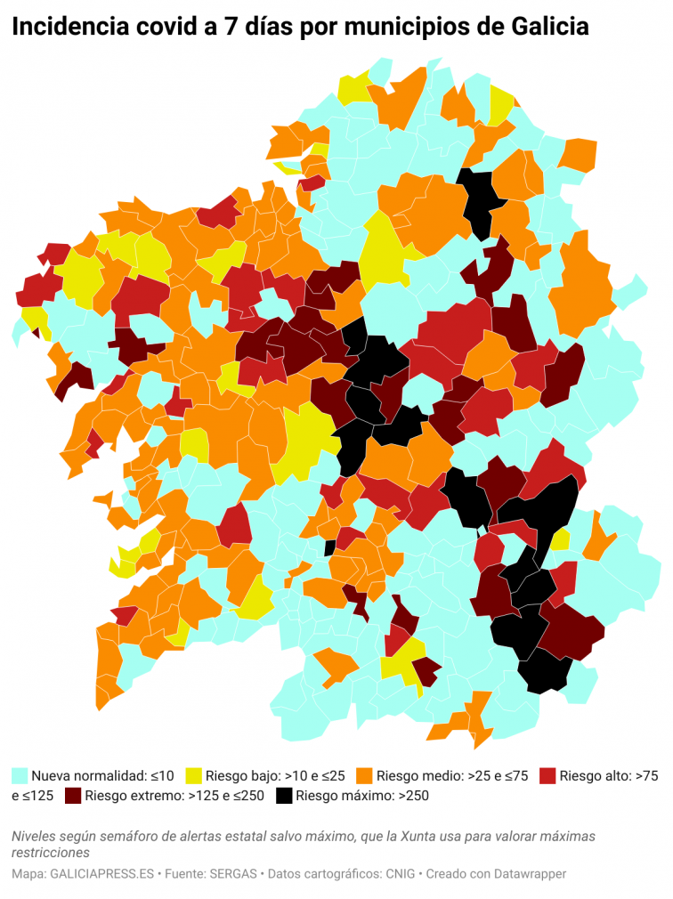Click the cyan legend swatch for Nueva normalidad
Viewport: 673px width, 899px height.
pos(20,775)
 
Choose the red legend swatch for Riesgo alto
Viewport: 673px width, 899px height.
pos(548,775)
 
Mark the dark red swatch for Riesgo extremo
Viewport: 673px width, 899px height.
pos(71,796)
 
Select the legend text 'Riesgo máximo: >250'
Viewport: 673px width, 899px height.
pos(362,796)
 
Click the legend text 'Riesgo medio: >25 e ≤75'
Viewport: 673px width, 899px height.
pos(453,775)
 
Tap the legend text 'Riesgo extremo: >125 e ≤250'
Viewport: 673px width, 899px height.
pos(174,796)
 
